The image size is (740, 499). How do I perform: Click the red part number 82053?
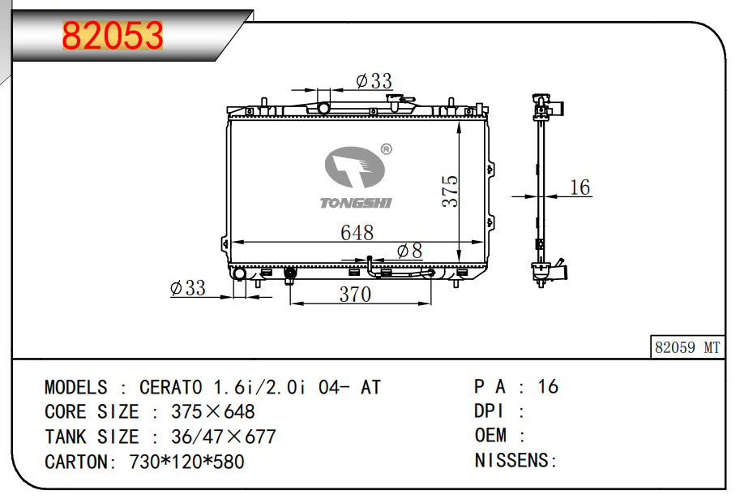click(113, 36)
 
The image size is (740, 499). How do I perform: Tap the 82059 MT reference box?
click(687, 347)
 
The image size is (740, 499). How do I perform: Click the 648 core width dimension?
click(357, 233)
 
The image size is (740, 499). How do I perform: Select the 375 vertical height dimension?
click(450, 191)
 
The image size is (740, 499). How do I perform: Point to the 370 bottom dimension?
click(355, 295)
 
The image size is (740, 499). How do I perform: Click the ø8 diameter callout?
click(409, 251)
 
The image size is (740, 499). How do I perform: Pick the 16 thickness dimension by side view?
click(580, 187)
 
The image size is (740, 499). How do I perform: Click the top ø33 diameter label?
click(374, 81)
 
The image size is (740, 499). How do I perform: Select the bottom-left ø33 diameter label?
click(188, 288)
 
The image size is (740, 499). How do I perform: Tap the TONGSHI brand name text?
click(356, 203)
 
